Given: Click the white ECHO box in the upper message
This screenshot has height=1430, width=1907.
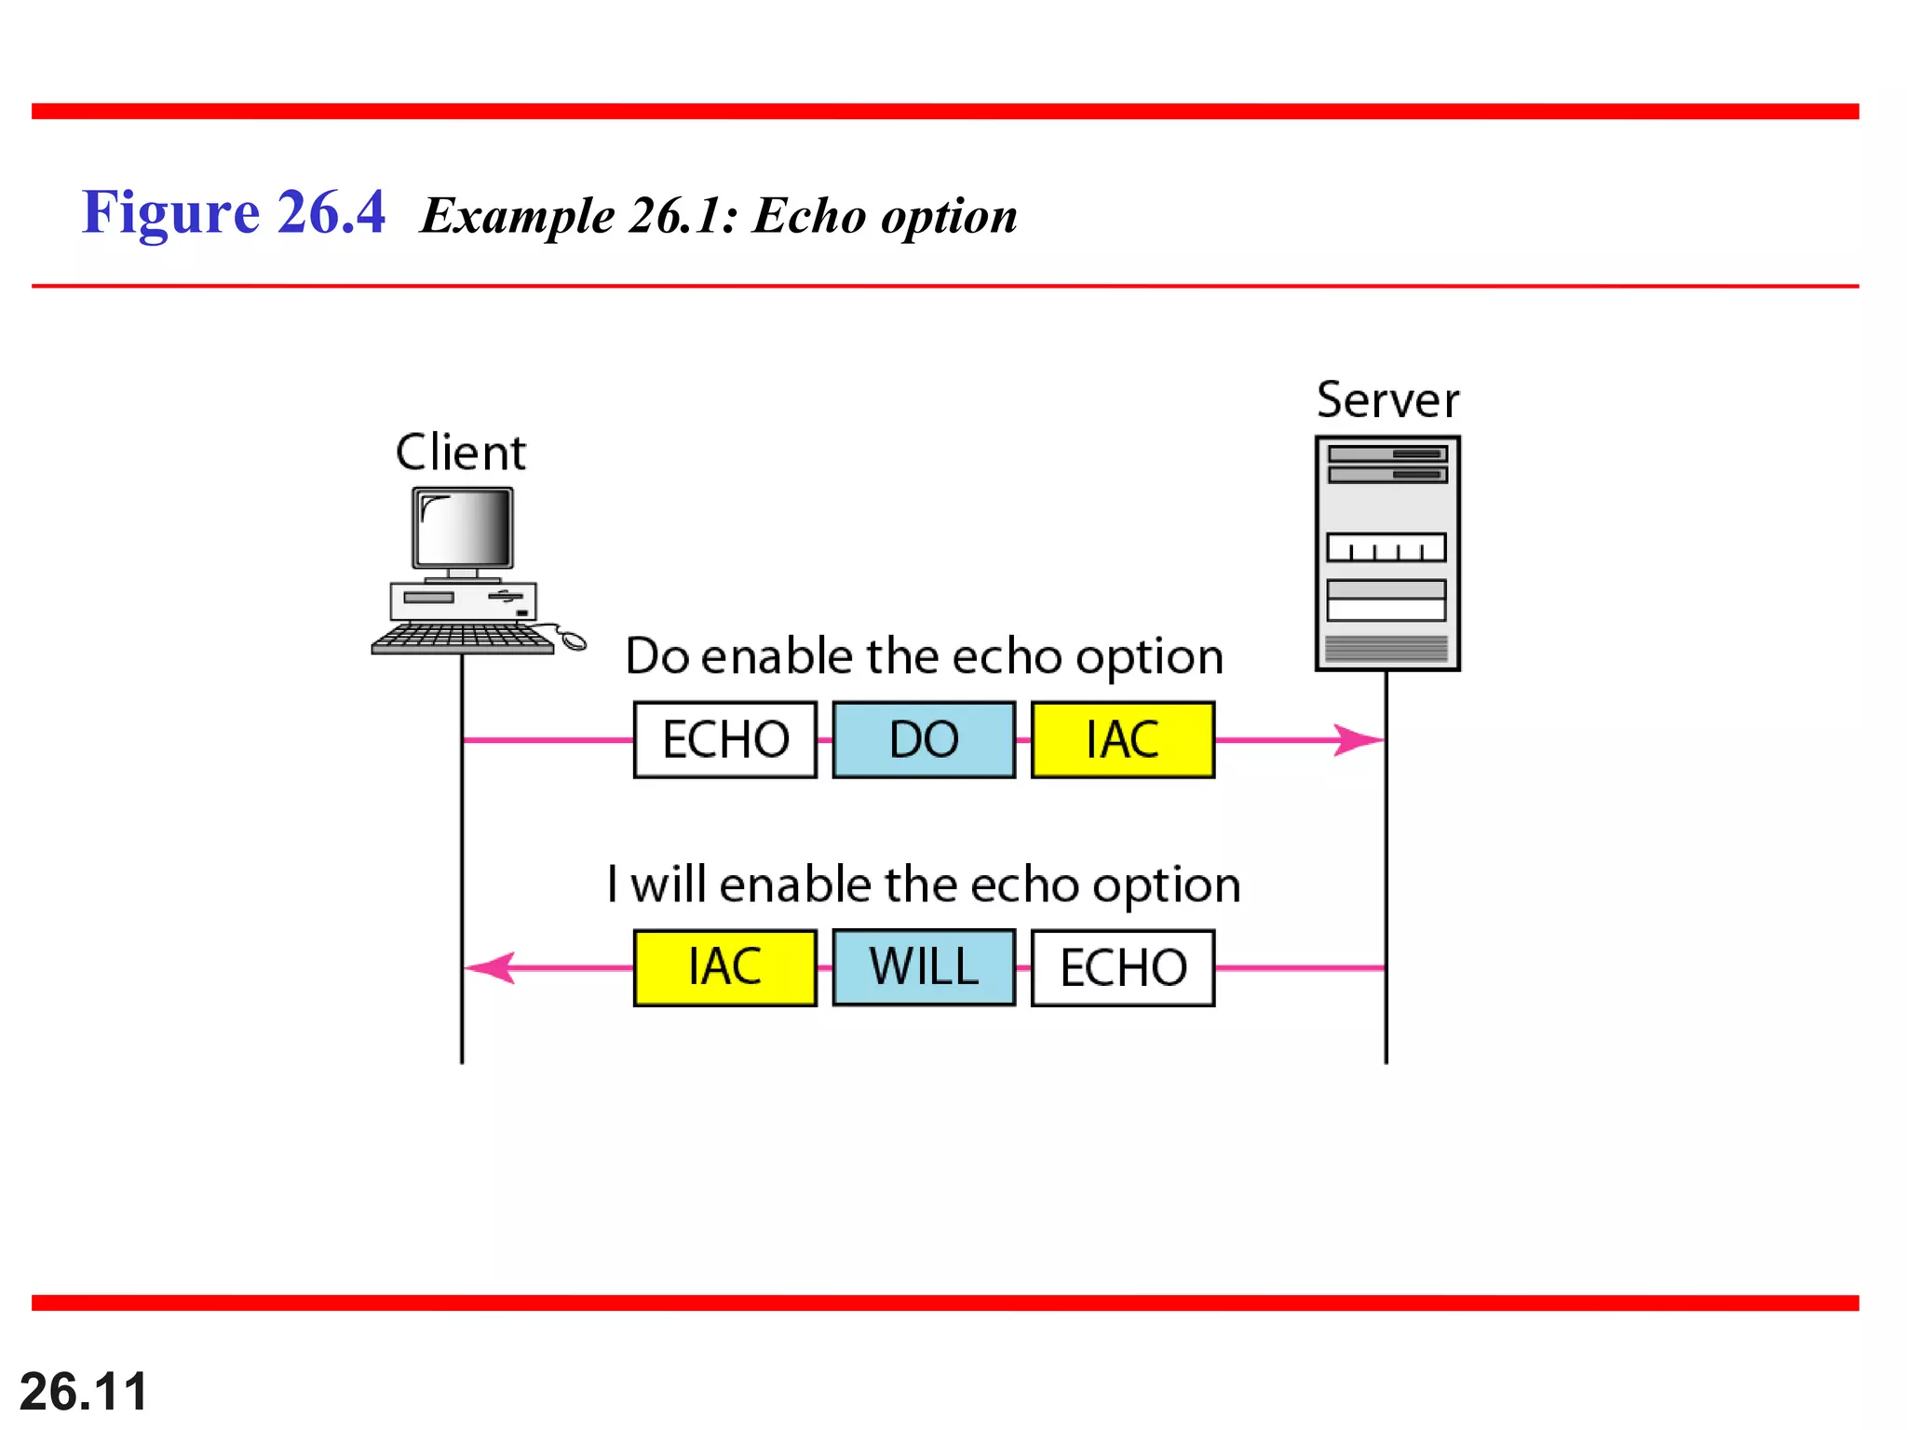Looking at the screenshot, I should coord(725,740).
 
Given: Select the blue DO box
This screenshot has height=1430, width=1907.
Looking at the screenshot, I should coord(924,740).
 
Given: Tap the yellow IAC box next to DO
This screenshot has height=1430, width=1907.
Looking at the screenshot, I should coord(1123,740).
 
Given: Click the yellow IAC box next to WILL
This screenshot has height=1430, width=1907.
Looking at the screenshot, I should coord(725,967).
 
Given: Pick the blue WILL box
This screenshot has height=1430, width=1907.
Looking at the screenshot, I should coord(924,967).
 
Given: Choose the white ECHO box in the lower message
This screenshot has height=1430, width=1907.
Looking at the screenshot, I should coord(1123,968).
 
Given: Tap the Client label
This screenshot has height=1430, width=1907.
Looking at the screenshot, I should coord(460,453).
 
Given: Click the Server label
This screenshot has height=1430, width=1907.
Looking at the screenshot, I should coord(1387,401).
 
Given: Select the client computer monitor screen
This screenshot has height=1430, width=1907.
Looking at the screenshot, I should coord(464,528).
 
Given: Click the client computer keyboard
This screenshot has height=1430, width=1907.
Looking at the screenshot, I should coord(463,639).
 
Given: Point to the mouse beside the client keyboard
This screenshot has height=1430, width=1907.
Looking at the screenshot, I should coord(572,640).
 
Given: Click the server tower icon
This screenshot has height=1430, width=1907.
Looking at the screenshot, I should coord(1387,553).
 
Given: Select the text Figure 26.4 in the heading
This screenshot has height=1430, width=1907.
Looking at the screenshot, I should coord(233,212).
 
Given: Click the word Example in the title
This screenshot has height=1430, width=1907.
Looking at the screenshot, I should coord(518,216).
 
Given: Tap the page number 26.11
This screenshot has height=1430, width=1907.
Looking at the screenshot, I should coord(84,1391).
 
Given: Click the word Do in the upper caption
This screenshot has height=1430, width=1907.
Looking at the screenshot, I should coord(657,656).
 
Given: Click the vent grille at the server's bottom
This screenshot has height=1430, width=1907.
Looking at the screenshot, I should coord(1386,648).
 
